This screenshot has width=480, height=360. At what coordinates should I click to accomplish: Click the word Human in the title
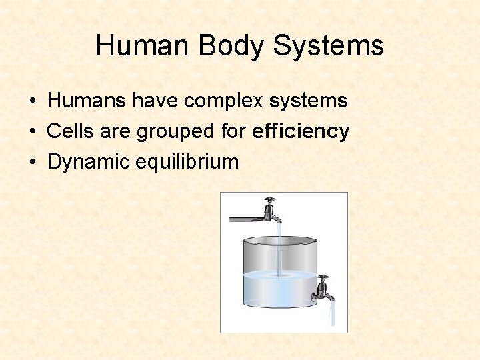(137, 46)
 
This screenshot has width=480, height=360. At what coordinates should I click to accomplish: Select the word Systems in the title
(328, 46)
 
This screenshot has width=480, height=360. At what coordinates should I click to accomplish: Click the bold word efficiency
(301, 131)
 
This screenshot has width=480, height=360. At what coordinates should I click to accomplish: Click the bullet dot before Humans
(32, 101)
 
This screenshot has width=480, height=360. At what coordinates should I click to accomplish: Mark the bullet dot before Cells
(32, 132)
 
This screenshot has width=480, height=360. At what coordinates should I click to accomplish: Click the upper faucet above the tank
(270, 210)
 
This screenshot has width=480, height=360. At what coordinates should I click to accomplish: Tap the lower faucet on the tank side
(323, 288)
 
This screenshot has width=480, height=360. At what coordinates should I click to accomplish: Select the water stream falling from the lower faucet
(331, 315)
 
